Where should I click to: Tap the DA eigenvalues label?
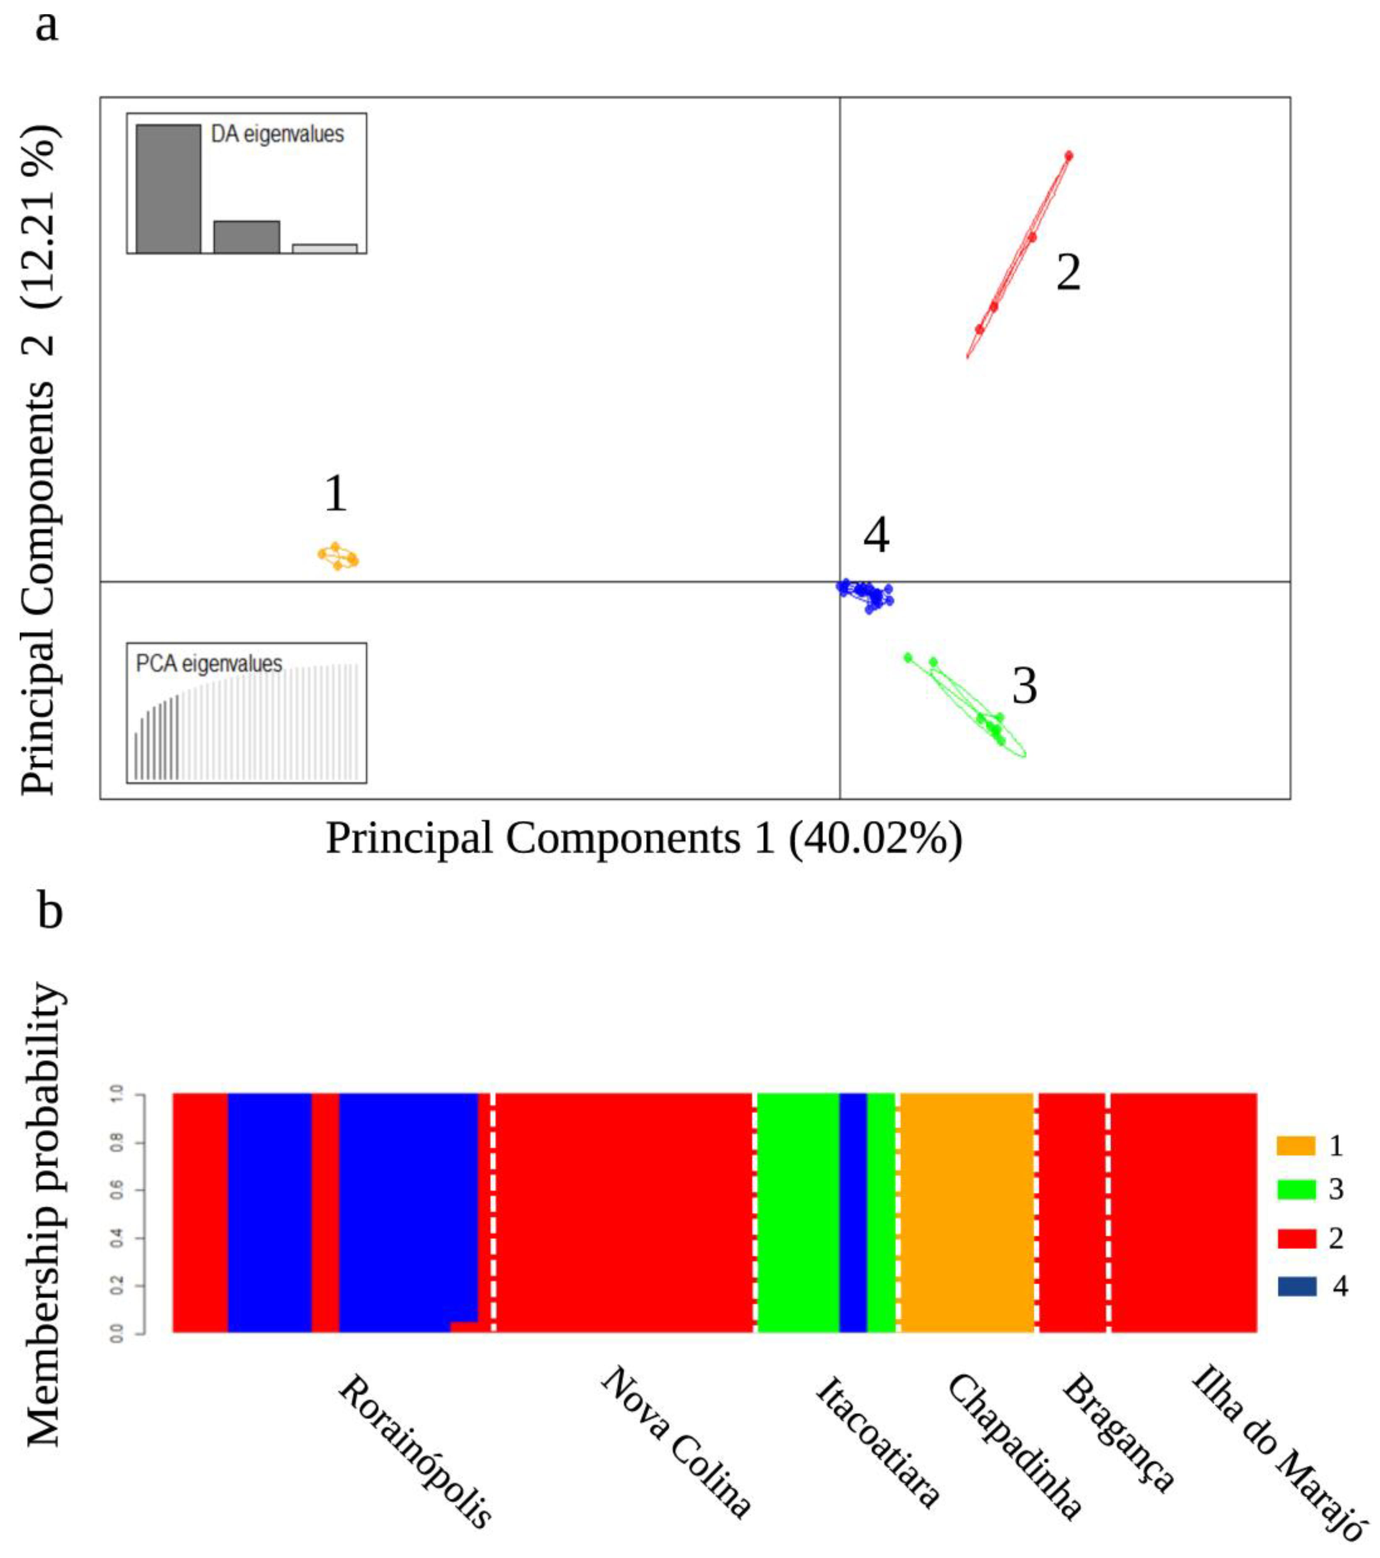tap(277, 135)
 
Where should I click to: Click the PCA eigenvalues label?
tap(209, 664)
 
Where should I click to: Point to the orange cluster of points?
tap(338, 557)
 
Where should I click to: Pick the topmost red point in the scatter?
tap(1068, 156)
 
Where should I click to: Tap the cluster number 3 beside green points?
tap(1024, 686)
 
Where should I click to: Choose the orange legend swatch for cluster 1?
tap(1295, 1146)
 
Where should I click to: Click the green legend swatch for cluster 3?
tap(1295, 1190)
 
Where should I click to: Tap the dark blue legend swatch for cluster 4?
tap(1295, 1287)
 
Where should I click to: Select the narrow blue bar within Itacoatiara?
tap(852, 1212)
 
